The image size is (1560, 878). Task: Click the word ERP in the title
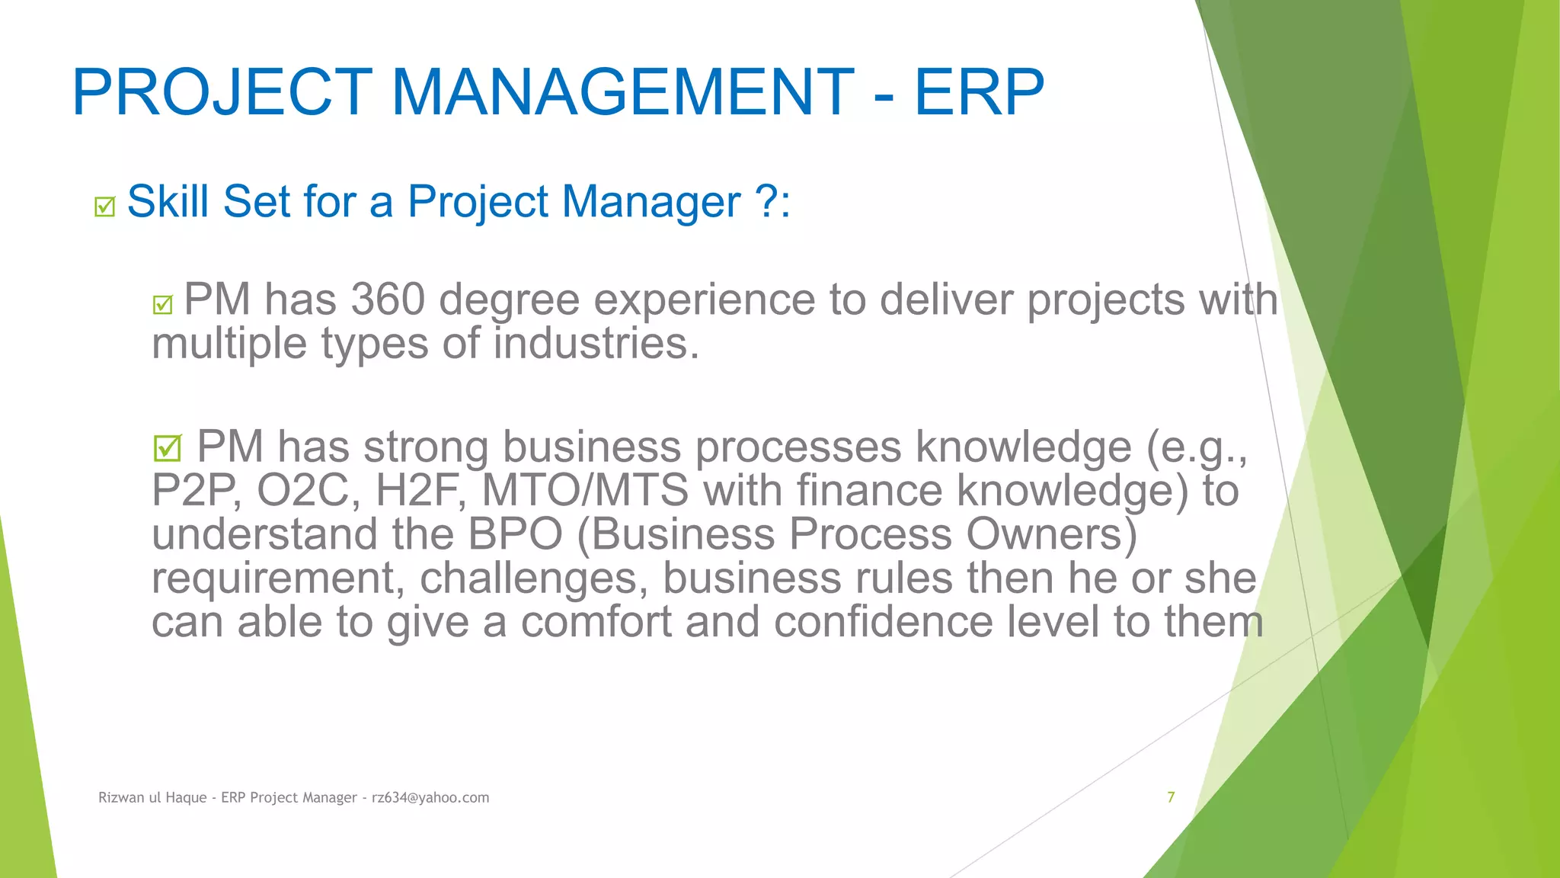click(979, 93)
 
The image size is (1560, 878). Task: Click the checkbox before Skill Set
click(105, 207)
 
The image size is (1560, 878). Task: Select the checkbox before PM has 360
click(163, 305)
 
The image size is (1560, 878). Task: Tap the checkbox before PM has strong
click(168, 448)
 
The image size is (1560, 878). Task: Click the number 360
click(388, 300)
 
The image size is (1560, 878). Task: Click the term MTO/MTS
click(585, 491)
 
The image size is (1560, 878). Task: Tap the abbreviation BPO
click(515, 534)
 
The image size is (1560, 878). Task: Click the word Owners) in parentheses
click(1051, 534)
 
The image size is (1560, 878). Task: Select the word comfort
click(596, 622)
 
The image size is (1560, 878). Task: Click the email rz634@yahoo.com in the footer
click(430, 798)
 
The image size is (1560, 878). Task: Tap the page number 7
click(1171, 797)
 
